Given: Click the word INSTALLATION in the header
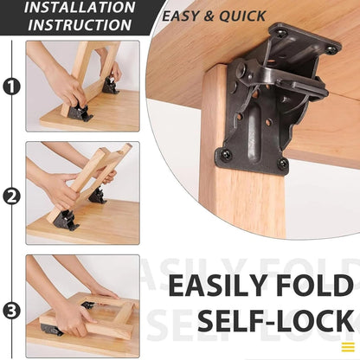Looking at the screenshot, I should click(80, 8).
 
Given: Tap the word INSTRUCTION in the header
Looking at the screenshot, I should click(80, 25).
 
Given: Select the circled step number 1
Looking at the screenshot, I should click(11, 86).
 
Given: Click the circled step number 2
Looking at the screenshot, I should click(11, 196).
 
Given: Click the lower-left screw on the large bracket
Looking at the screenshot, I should click(227, 155).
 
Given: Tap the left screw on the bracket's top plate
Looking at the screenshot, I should click(280, 33).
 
